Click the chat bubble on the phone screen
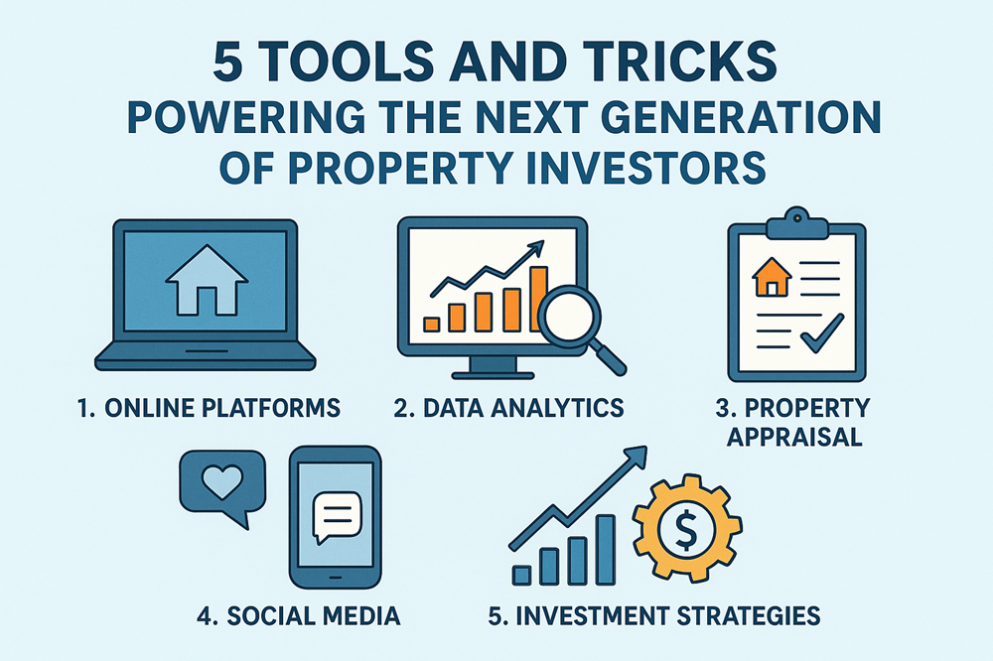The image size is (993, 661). [x=333, y=516]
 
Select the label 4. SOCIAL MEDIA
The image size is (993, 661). [x=298, y=616]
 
